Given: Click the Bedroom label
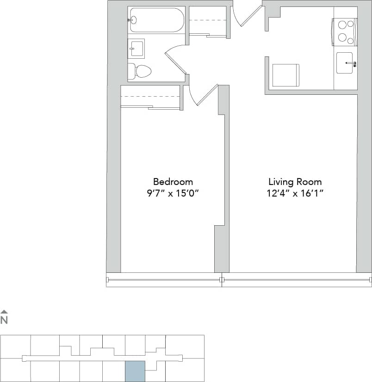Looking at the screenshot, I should point(173,182).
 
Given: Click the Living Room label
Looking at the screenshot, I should point(295,182).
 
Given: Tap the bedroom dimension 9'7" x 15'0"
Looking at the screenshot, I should point(173,193).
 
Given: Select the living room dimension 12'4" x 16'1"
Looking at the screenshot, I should point(295,193).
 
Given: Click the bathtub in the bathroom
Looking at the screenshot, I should point(156,20).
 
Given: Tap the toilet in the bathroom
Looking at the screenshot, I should point(140,71).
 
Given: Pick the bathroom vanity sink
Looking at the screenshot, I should point(136,48).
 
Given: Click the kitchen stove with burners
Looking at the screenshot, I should point(345,31).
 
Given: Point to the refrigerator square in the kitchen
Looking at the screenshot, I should point(285,75).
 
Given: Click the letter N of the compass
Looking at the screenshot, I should point(4,320).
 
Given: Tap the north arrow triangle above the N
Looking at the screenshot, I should point(4,312).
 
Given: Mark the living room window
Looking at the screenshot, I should point(296,280).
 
